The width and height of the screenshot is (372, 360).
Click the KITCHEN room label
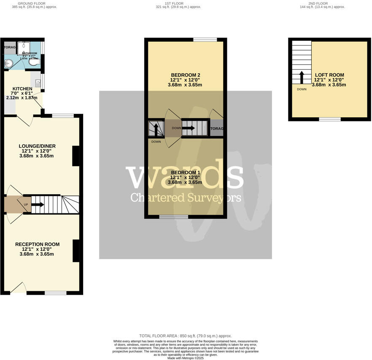pos(22,89)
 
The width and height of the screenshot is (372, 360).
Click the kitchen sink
pos(38,83)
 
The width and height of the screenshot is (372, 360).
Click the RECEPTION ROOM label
pos(37,244)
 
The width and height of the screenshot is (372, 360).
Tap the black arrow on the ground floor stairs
pos(38,205)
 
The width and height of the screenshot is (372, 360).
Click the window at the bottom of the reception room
pos(55,293)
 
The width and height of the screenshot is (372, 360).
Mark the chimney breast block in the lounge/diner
pos(75,156)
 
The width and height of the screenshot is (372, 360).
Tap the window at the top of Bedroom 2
pos(205,40)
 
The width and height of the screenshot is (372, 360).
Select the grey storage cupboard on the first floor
pos(216,128)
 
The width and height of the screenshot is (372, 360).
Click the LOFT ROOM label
pos(329,75)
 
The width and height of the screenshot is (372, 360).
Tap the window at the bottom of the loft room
pos(329,119)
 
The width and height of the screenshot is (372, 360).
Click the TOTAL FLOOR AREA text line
pos(186,336)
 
